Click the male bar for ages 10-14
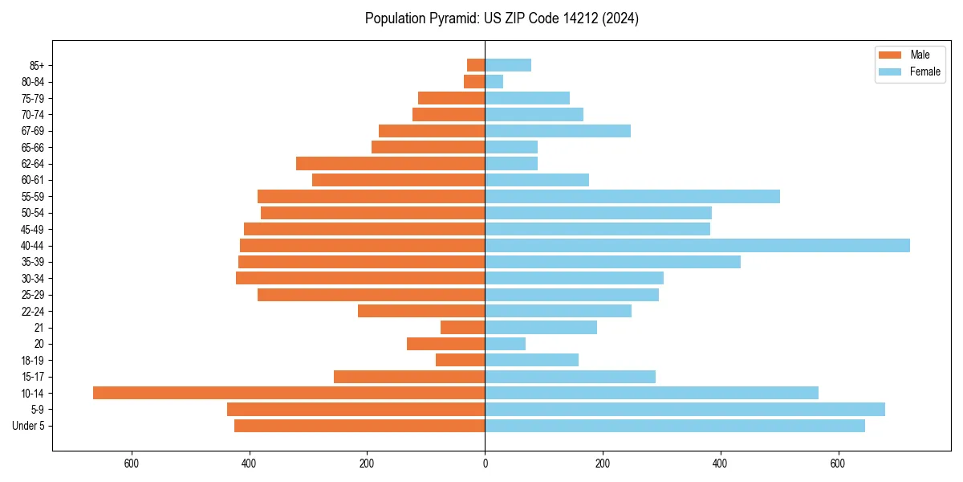[289, 393]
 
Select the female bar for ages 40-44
[697, 245]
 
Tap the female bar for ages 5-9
[685, 409]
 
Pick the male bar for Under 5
[360, 426]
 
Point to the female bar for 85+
[508, 65]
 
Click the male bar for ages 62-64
[390, 163]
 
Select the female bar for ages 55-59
[632, 196]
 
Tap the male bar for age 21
[462, 327]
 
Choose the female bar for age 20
[505, 344]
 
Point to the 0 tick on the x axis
[485, 464]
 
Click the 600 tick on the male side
[132, 464]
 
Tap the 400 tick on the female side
[720, 464]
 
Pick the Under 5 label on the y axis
[28, 426]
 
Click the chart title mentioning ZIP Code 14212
[502, 18]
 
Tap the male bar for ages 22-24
[421, 311]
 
